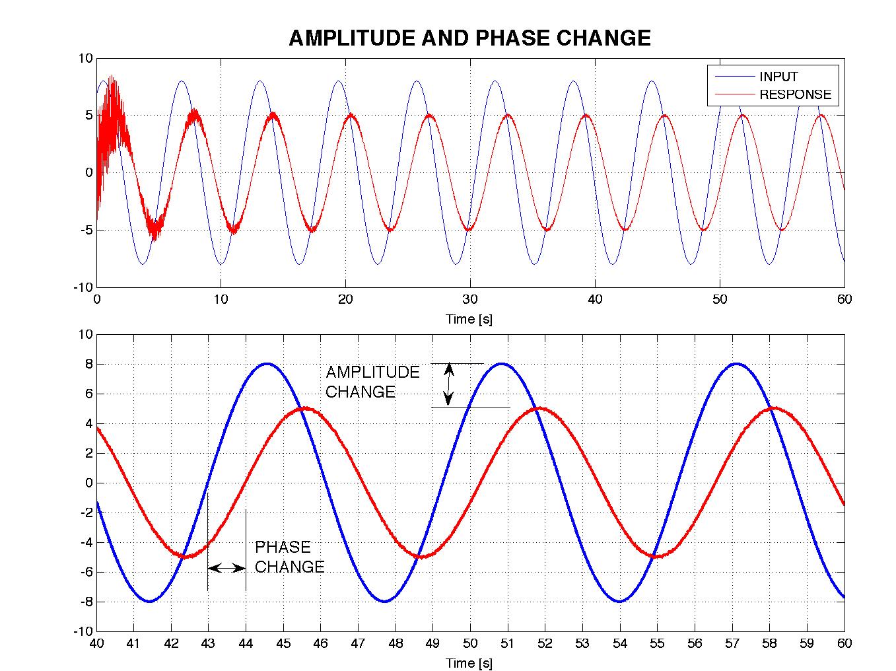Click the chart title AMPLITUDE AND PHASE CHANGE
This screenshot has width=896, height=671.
click(469, 38)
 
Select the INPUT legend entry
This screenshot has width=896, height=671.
click(778, 77)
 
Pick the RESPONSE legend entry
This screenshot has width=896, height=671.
click(795, 94)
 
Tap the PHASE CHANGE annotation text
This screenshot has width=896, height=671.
click(289, 557)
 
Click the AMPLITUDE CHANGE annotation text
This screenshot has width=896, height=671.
click(372, 382)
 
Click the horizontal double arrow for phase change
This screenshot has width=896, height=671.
click(226, 567)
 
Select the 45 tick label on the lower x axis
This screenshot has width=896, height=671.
click(283, 643)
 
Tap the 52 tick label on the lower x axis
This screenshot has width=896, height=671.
click(545, 643)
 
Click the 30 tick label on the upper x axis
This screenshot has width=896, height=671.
click(470, 299)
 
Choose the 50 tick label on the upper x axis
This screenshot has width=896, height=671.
click(720, 299)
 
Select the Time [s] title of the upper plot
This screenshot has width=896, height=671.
click(469, 319)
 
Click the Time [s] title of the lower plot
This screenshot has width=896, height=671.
click(469, 662)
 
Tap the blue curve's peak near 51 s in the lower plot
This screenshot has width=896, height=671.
click(501, 363)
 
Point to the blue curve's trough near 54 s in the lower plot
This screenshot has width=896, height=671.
click(619, 601)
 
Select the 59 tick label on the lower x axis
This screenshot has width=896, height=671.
click(807, 643)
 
